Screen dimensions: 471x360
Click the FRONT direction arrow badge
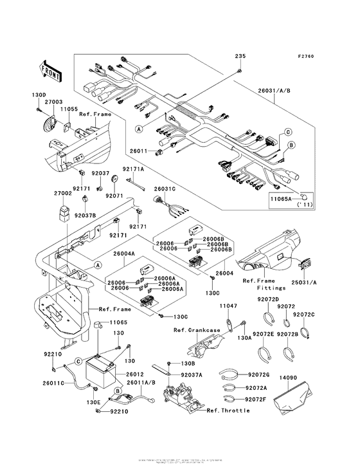click(x=51, y=71)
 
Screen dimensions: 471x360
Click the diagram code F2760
click(x=305, y=57)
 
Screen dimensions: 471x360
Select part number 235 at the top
click(x=239, y=56)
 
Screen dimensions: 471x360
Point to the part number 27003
click(x=53, y=102)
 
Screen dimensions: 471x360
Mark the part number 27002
click(x=62, y=192)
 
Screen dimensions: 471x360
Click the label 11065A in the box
click(x=280, y=200)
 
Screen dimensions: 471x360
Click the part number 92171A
click(x=134, y=168)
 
